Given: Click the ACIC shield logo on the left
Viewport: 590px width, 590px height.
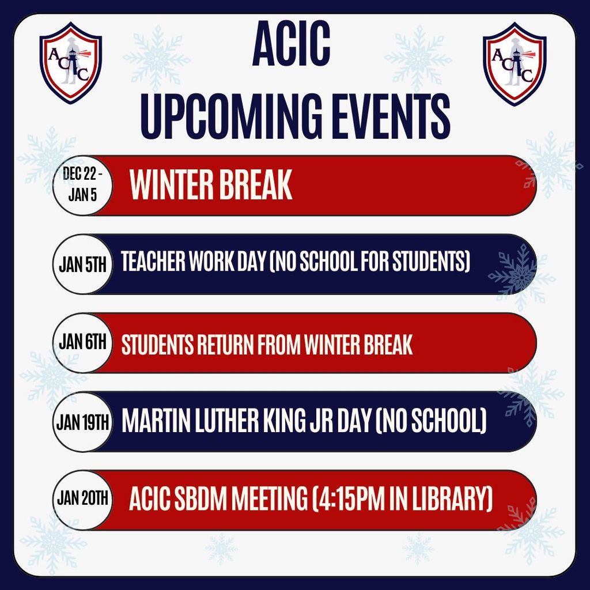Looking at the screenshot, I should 71,62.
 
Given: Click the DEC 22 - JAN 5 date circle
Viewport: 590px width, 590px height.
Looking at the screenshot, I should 82,186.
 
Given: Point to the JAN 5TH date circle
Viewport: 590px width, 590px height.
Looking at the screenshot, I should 82,264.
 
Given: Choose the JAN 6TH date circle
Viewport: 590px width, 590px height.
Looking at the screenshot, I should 82,343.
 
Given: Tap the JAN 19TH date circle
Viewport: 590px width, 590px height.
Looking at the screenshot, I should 82,422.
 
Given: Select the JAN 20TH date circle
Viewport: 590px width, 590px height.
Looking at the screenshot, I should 82,500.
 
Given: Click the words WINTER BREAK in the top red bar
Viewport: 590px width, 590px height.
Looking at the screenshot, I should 211,186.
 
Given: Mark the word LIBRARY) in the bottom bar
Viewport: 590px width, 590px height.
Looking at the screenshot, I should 453,500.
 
